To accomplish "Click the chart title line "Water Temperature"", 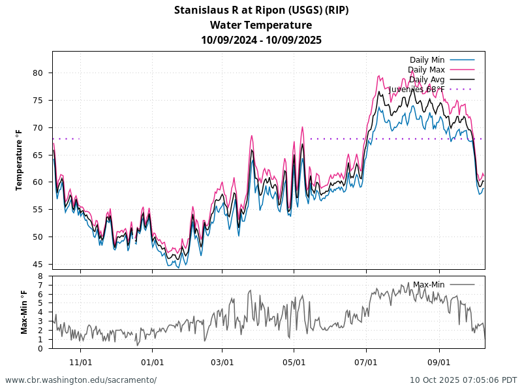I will point(261,25).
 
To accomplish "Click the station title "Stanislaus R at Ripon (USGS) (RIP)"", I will point(261,10).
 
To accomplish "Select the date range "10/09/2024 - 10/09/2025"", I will point(261,40).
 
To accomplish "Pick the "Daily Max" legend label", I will point(426,70).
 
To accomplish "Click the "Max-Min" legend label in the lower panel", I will point(429,285).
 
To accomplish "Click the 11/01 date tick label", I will point(80,361).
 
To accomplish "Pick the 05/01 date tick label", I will point(294,361).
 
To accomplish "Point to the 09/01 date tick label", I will point(439,361).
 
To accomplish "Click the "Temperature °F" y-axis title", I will point(20,160).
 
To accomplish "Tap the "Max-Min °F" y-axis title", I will point(24,312).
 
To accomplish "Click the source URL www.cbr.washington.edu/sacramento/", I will point(81,380).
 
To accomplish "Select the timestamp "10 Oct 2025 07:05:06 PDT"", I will point(463,380).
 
